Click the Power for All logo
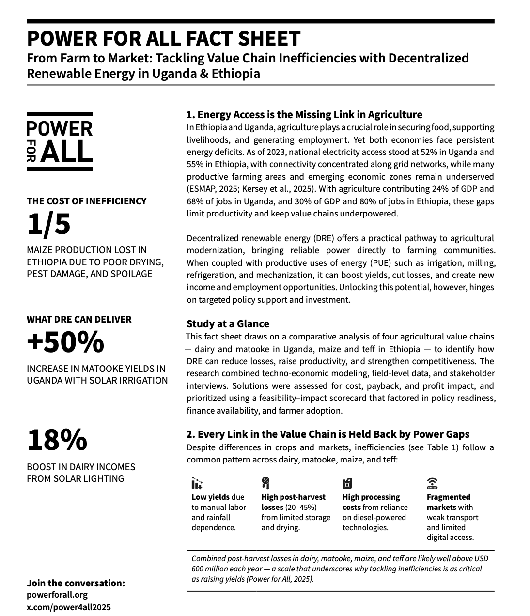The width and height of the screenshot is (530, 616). [59, 141]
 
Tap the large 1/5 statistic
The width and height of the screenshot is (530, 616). [48, 225]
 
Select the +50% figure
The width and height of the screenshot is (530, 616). [65, 342]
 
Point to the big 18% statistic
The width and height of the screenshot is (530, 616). [57, 440]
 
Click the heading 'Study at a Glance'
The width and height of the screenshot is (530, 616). [228, 323]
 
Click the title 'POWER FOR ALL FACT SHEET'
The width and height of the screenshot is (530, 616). [164, 39]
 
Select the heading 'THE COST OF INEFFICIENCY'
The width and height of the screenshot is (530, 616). [86, 201]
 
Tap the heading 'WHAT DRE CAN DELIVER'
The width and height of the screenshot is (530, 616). [79, 319]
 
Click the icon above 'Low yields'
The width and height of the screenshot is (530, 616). [197, 483]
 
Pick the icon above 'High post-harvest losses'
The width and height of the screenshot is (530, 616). [265, 483]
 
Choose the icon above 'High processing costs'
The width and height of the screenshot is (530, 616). [347, 483]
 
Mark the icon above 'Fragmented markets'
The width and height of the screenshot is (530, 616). [432, 483]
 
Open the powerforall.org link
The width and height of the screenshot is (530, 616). [57, 595]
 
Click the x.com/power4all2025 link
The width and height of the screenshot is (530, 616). [69, 607]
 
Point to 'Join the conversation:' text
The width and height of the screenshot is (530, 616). [76, 583]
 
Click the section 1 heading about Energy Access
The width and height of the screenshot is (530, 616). [304, 115]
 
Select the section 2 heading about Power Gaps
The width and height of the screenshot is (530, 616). [328, 434]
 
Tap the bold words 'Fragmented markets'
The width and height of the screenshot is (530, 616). [448, 502]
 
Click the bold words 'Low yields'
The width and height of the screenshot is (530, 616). [211, 497]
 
